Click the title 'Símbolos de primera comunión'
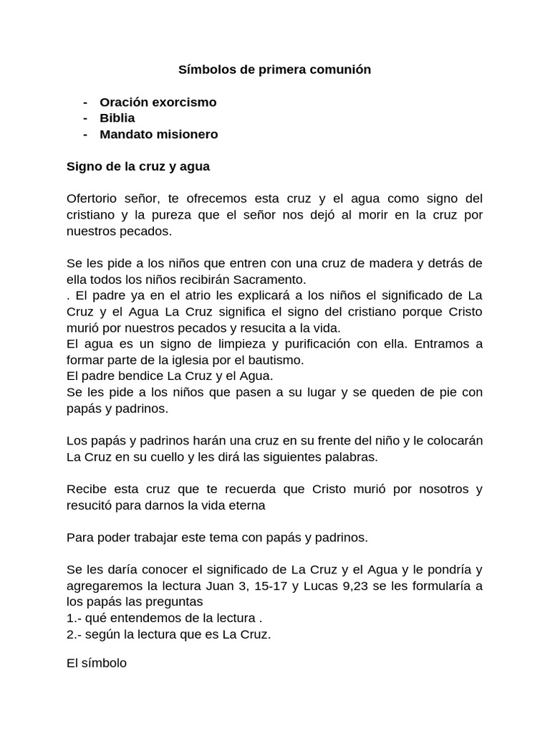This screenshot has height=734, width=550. [275, 70]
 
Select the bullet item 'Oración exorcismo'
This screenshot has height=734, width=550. [158, 103]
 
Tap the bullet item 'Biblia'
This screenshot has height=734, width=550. [117, 118]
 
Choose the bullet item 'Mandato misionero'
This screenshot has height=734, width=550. [159, 134]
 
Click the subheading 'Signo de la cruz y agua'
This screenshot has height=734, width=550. [138, 166]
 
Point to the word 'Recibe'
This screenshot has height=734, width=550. [86, 489]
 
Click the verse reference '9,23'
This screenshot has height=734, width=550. [385, 586]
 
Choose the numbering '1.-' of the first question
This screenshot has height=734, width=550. [74, 618]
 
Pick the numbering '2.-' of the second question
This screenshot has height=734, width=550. [74, 634]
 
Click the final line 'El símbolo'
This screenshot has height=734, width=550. [97, 663]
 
